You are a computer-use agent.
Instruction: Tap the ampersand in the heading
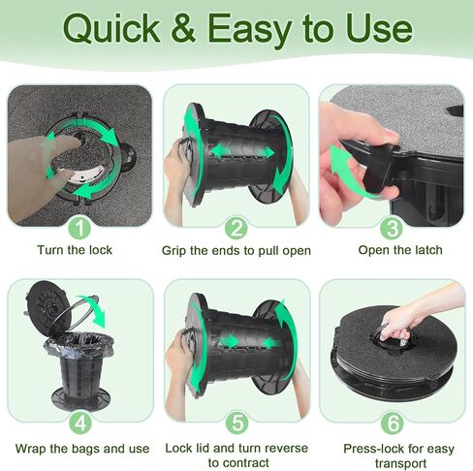pyautogui.click(x=183, y=28)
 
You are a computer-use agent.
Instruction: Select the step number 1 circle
pyautogui.click(x=79, y=229)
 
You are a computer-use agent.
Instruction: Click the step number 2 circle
pyautogui.click(x=236, y=229)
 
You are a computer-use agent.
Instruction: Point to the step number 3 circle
pyautogui.click(x=392, y=229)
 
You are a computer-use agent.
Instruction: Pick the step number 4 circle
pyautogui.click(x=80, y=424)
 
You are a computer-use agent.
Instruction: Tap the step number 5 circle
pyautogui.click(x=237, y=424)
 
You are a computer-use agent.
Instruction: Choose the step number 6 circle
pyautogui.click(x=393, y=424)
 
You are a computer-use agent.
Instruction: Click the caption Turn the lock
pyautogui.click(x=75, y=250)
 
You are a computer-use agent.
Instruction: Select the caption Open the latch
pyautogui.click(x=400, y=250)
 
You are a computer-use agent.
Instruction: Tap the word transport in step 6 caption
pyautogui.click(x=400, y=463)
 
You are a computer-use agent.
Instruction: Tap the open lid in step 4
pyautogui.click(x=47, y=307)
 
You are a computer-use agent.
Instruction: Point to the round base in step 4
pyautogui.click(x=80, y=398)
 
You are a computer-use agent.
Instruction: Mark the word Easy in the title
pyautogui.click(x=250, y=30)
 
